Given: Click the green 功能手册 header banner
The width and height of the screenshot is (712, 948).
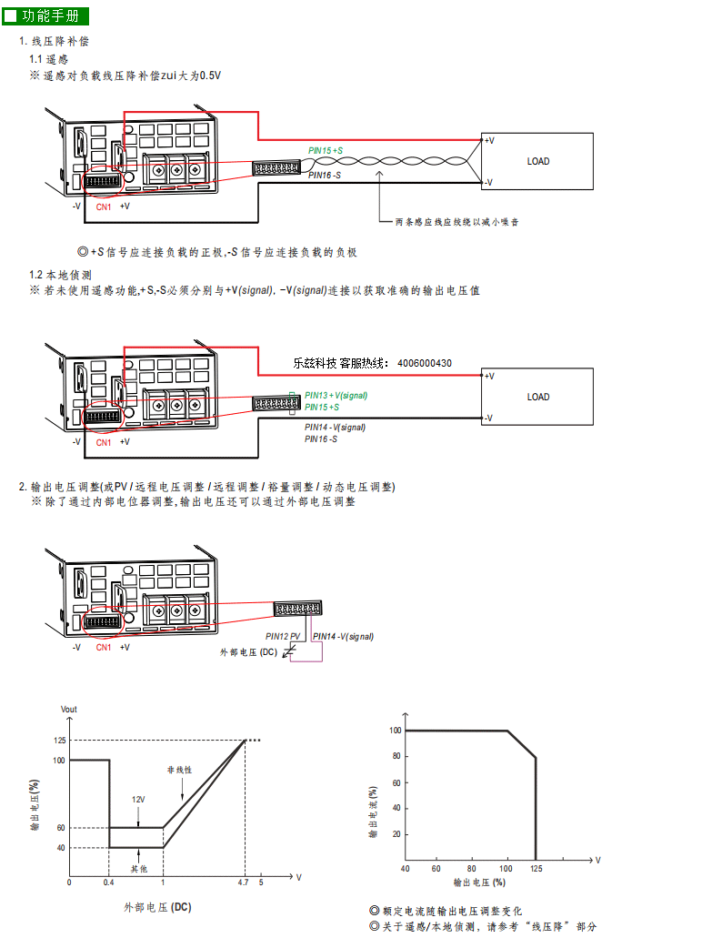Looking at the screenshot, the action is tap(45, 16).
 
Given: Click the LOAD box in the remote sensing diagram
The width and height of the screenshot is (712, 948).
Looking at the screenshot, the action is tap(537, 161).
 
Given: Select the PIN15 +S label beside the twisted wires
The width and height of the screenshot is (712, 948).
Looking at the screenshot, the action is tap(326, 150).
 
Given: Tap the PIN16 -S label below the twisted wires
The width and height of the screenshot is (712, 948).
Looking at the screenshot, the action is tap(324, 176).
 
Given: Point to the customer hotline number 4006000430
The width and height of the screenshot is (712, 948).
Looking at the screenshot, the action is tap(425, 363).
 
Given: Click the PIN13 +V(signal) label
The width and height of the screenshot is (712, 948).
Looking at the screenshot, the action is tap(336, 396).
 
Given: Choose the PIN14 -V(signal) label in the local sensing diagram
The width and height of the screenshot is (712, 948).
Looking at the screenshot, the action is tap(335, 428).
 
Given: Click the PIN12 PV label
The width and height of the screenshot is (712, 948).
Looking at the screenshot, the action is tap(283, 637).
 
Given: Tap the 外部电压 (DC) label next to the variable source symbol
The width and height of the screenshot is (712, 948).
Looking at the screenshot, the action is tap(248, 652).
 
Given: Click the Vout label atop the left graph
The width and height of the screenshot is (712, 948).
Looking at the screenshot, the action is tap(69, 710).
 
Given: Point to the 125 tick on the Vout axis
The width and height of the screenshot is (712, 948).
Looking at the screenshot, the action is tap(59, 740).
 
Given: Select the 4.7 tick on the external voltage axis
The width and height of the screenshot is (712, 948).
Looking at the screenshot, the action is tap(243, 882).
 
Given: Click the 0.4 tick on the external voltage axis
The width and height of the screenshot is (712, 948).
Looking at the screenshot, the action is tap(108, 882).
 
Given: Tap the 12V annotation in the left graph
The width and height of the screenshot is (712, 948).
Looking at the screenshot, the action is tap(138, 800).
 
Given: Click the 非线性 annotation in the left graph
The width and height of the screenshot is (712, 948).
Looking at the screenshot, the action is tap(179, 770).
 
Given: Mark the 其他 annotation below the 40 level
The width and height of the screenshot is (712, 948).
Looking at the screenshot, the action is tap(139, 869).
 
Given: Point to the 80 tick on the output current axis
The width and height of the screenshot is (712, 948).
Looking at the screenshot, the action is tap(396, 756).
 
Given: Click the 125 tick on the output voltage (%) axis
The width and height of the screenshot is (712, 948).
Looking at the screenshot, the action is tap(537, 869).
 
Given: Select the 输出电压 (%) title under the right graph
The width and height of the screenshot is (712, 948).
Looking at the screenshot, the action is tap(479, 882).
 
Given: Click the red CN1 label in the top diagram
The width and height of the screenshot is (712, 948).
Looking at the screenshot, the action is tap(104, 207).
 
